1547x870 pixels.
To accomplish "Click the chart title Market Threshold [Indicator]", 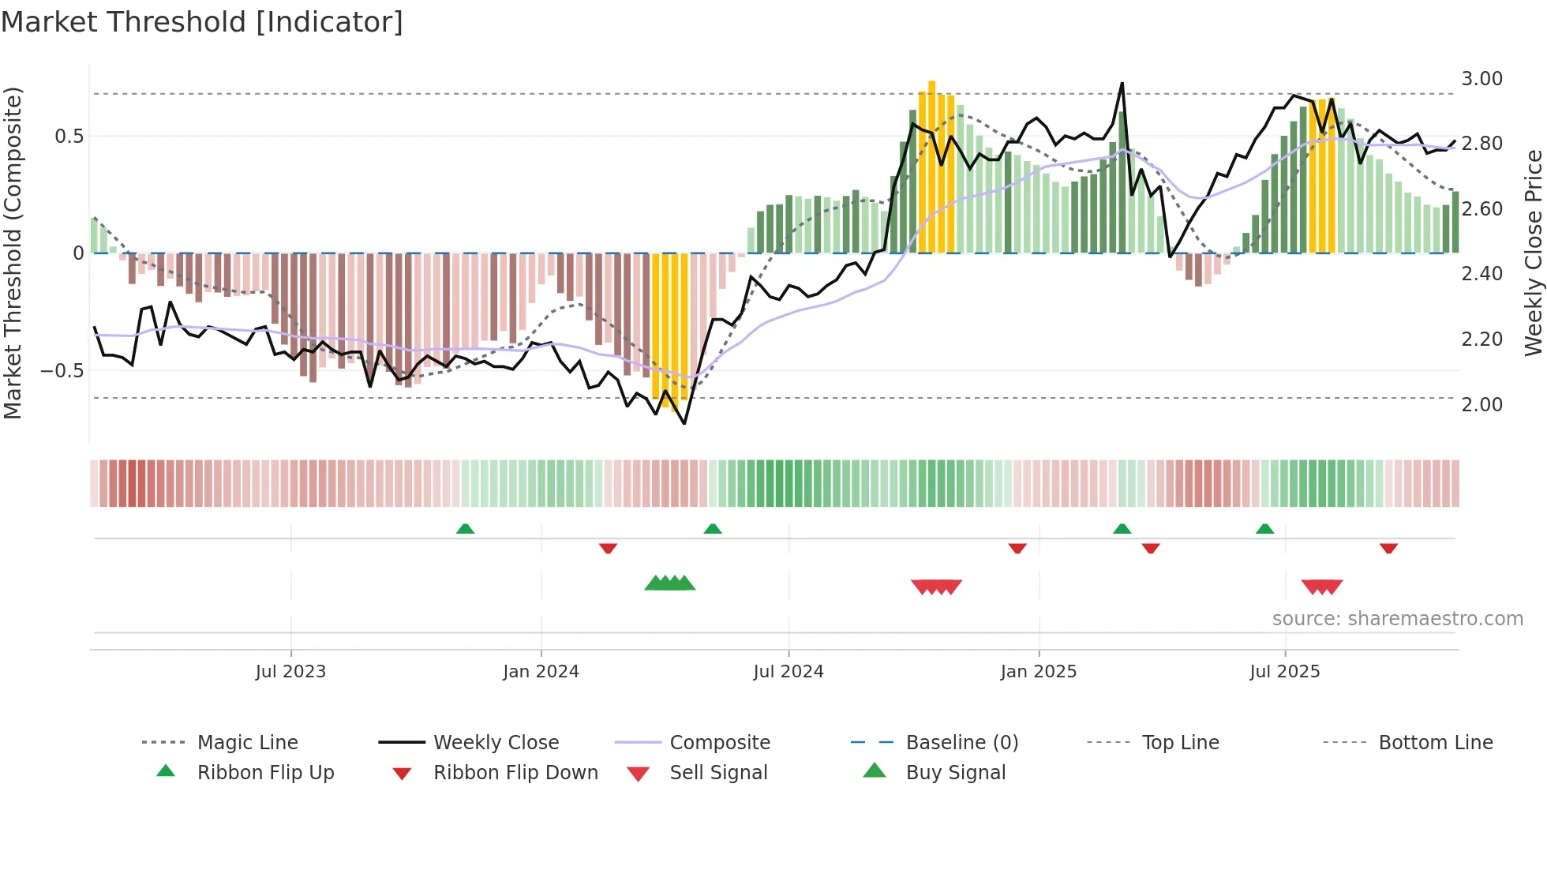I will coord(202,22).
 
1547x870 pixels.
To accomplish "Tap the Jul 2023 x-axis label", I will coord(290,672).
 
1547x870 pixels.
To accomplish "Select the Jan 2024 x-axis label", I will coord(541,672).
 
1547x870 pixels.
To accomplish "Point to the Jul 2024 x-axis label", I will coord(788,672).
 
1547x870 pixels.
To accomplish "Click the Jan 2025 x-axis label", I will coord(1038,672).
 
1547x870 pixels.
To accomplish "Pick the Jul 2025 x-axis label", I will coord(1284,672).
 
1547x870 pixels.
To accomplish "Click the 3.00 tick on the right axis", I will coord(1481,79).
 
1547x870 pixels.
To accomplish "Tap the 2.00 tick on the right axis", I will coord(1481,405).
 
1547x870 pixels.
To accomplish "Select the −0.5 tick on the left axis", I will coord(62,371).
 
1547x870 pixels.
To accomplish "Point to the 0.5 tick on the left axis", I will coord(69,137).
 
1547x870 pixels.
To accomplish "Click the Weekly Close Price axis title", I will coord(1533,253).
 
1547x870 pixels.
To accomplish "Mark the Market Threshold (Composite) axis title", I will coord(13,253).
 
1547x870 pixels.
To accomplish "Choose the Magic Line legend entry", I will coord(247,743).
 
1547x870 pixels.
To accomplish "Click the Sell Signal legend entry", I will coord(718,773).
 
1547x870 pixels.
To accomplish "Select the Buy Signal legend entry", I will coord(955,773).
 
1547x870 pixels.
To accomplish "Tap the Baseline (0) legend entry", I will coord(961,743).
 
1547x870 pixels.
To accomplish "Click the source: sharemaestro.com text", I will coord(1397,619).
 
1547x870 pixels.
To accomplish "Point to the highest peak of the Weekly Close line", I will coord(1122,83).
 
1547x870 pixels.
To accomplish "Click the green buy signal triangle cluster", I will coord(669,583).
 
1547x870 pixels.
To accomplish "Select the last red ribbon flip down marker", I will coord(1388,548).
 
